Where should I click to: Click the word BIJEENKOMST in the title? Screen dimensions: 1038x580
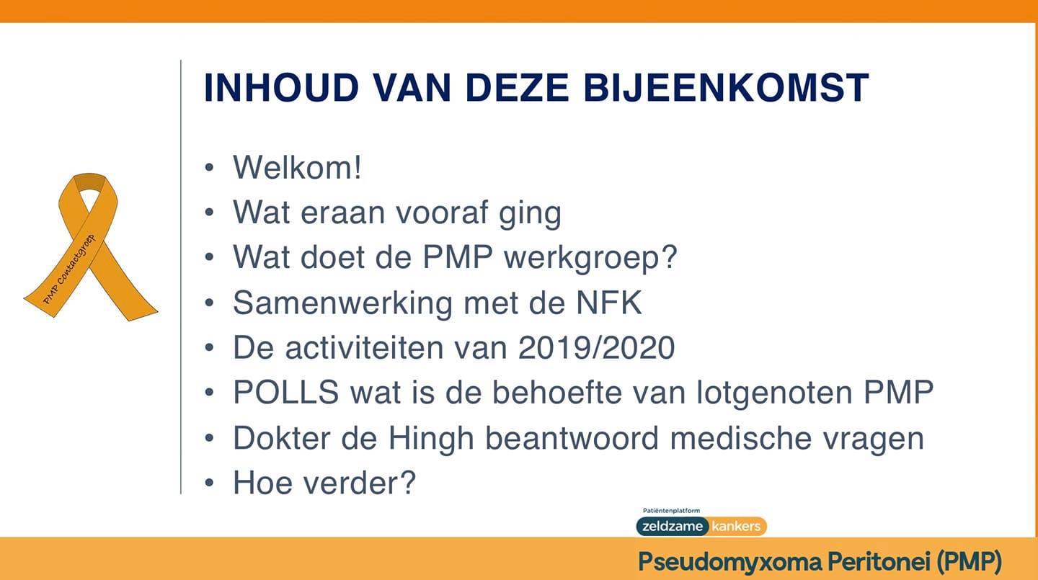pyautogui.click(x=726, y=87)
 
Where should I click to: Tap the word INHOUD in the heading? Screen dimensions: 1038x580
pyautogui.click(x=282, y=87)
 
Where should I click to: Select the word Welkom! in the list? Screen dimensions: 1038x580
pyautogui.click(x=297, y=167)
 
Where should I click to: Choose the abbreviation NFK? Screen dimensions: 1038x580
pyautogui.click(x=609, y=303)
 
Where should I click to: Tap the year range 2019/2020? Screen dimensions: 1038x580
pyautogui.click(x=596, y=348)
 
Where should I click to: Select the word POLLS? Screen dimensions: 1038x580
pyautogui.click(x=286, y=393)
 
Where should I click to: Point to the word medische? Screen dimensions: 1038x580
pyautogui.click(x=741, y=438)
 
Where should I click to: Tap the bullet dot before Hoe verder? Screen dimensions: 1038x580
pyautogui.click(x=209, y=483)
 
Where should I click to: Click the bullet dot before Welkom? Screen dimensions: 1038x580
pyautogui.click(x=209, y=167)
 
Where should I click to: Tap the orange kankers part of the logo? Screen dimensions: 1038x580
pyautogui.click(x=737, y=527)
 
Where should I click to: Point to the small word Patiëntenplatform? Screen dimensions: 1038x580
pyautogui.click(x=671, y=511)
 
